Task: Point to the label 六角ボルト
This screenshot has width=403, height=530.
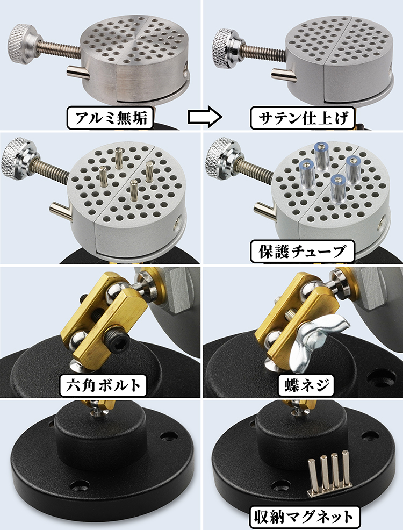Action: click(103, 385)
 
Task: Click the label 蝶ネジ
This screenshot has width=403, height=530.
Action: click(305, 385)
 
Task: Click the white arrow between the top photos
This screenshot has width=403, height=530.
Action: click(205, 117)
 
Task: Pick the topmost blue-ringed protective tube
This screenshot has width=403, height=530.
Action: click(321, 155)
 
